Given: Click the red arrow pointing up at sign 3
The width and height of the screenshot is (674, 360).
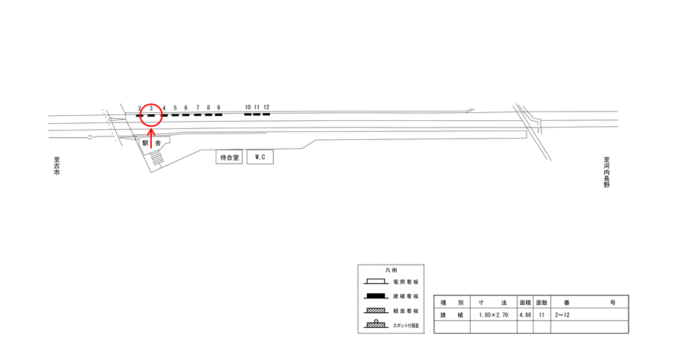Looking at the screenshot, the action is pyautogui.click(x=151, y=137).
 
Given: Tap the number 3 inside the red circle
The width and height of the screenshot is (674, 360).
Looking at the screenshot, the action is pyautogui.click(x=151, y=109).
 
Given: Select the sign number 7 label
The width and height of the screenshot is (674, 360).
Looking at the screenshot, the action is pyautogui.click(x=198, y=108).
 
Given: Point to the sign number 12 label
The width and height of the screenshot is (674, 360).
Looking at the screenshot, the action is pyautogui.click(x=266, y=107).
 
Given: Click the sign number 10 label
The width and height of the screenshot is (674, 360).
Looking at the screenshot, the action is pyautogui.click(x=248, y=107).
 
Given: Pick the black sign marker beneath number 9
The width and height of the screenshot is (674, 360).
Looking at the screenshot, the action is pyautogui.click(x=219, y=114).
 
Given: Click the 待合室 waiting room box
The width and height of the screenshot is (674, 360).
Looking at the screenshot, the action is pyautogui.click(x=229, y=157).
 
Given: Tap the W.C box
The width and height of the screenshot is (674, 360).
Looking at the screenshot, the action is pyautogui.click(x=260, y=157).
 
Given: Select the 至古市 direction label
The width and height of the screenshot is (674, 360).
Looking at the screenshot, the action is pyautogui.click(x=56, y=166).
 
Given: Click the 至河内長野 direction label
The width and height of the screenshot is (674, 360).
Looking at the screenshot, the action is pyautogui.click(x=607, y=172).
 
